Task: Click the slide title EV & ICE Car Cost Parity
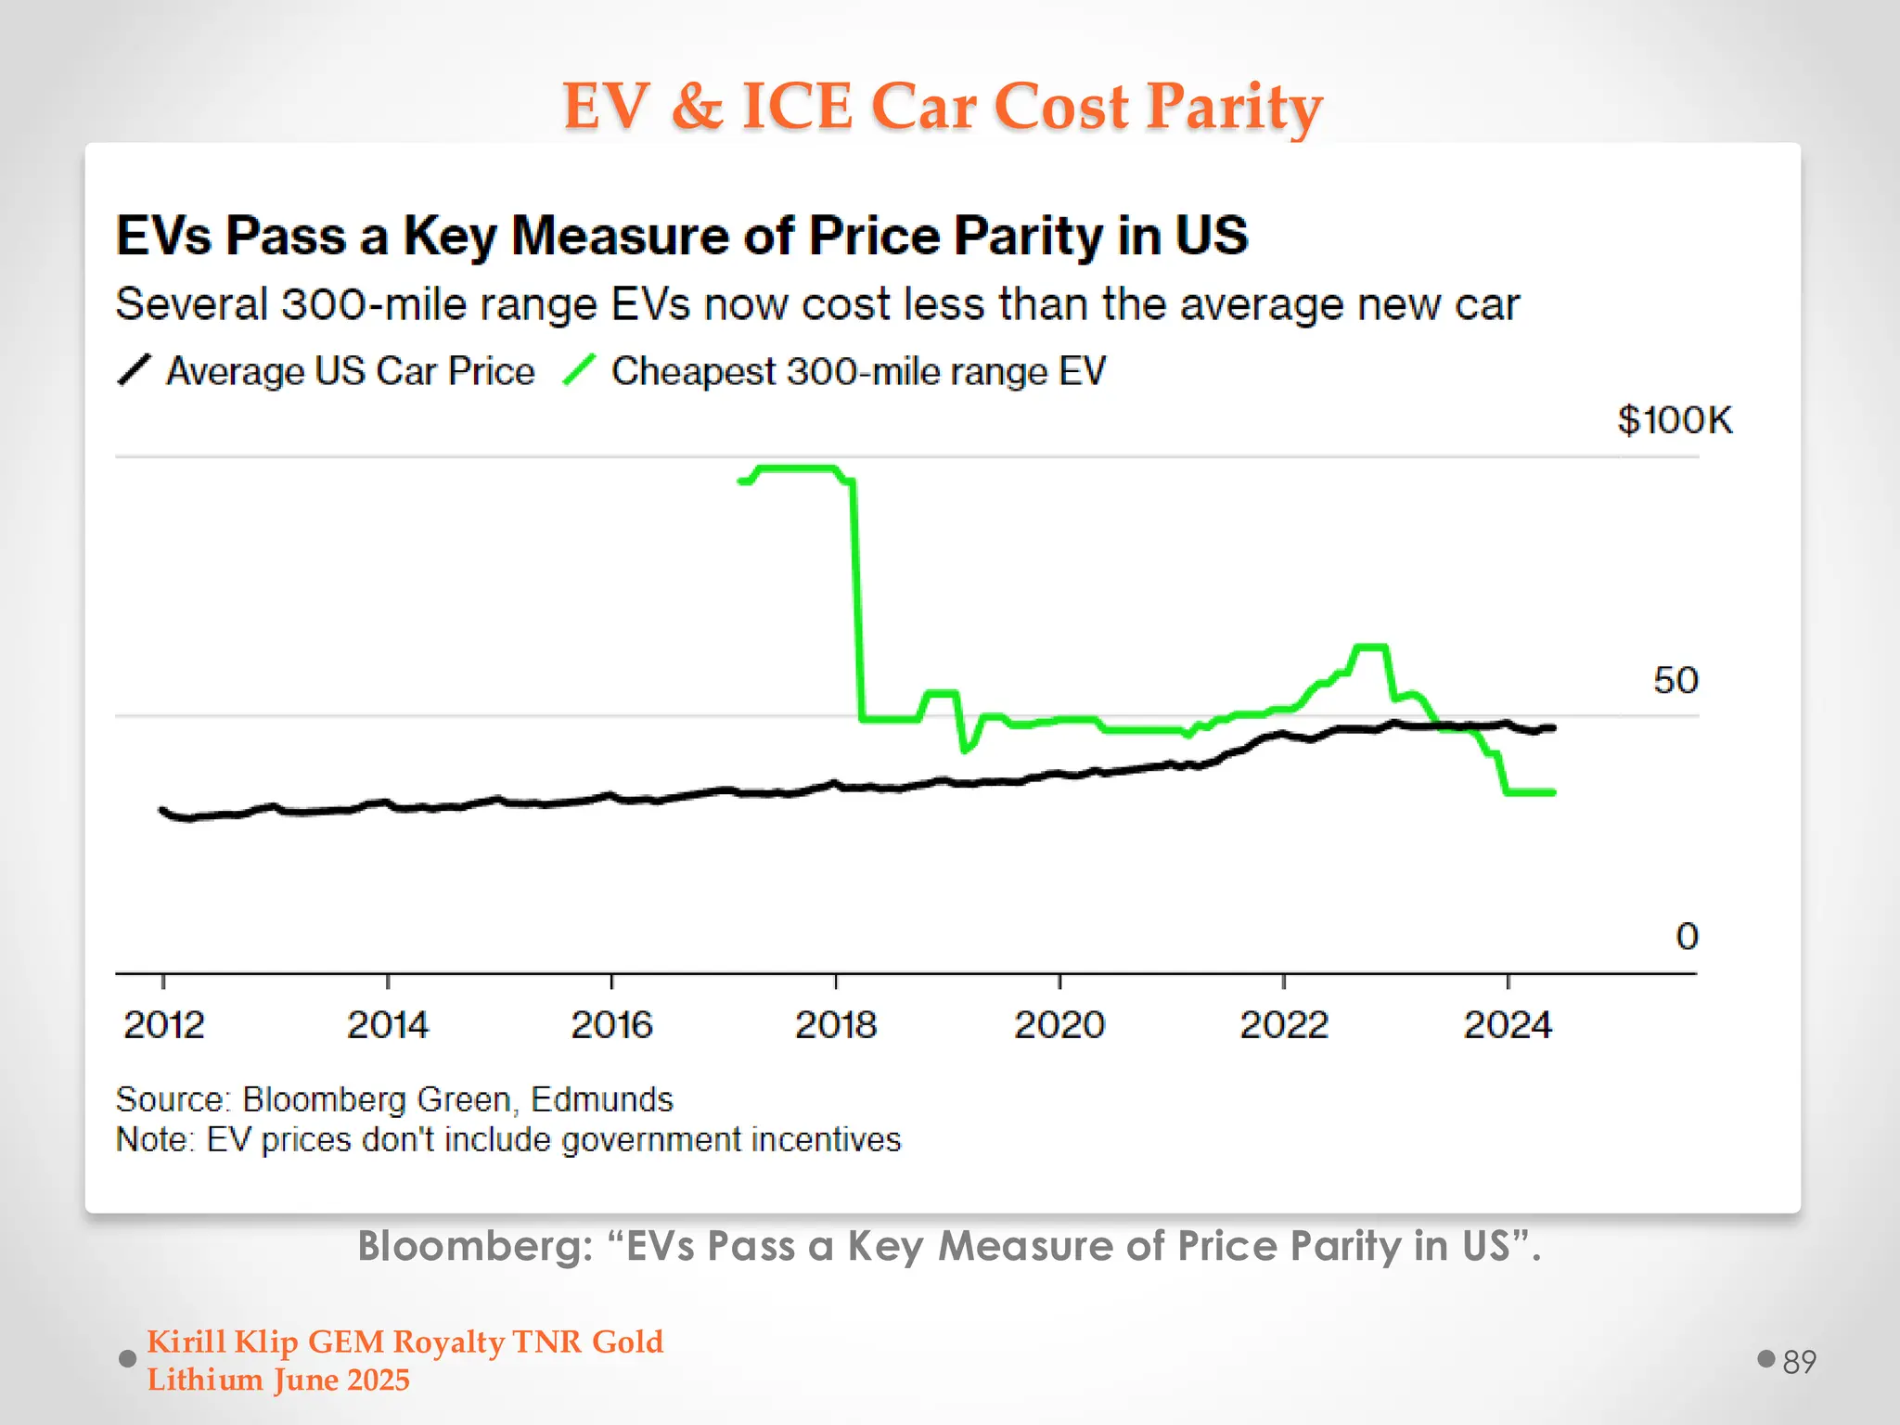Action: click(942, 106)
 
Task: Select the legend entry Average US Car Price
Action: click(350, 372)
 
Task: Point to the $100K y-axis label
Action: click(1674, 420)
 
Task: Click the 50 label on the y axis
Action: click(1675, 681)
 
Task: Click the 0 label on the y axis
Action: click(1686, 936)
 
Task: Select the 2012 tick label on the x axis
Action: click(163, 1025)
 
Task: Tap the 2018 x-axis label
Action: click(835, 1025)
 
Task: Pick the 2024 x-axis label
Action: click(1507, 1025)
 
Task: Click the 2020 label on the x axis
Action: click(1059, 1025)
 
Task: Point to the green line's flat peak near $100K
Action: click(798, 469)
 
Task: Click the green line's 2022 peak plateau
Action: click(1370, 646)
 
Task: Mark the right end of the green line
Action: click(1552, 792)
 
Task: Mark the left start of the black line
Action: click(163, 810)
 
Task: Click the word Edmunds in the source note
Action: click(601, 1099)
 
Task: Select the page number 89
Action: click(1799, 1362)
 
